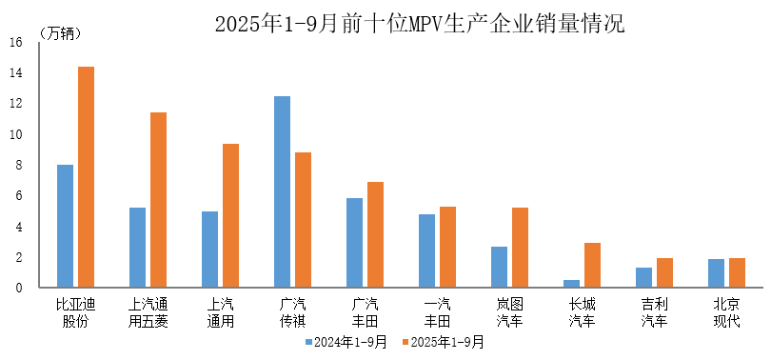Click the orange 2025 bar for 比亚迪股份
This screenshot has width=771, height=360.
(x=86, y=177)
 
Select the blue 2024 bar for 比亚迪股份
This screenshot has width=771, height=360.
(x=65, y=226)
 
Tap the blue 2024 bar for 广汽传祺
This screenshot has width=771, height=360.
(x=282, y=191)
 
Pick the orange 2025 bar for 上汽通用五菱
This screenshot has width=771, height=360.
(x=158, y=200)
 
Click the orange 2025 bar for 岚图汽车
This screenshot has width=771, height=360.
(x=520, y=248)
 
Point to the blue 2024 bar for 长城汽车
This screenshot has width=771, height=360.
(x=571, y=283)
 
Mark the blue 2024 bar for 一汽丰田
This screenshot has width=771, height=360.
(x=426, y=250)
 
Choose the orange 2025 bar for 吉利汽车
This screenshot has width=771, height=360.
(x=664, y=272)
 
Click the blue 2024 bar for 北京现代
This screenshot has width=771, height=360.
(x=716, y=272)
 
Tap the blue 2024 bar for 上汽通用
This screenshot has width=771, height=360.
(x=209, y=250)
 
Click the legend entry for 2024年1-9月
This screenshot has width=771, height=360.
(x=346, y=341)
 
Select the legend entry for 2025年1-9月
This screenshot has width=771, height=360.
(x=444, y=341)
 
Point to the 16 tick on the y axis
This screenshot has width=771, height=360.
(x=16, y=43)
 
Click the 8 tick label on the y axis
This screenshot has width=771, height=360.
(x=16, y=166)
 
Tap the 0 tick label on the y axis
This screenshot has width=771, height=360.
(x=16, y=288)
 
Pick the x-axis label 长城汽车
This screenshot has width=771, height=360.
(x=583, y=312)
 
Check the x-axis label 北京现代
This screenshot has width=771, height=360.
(x=727, y=312)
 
